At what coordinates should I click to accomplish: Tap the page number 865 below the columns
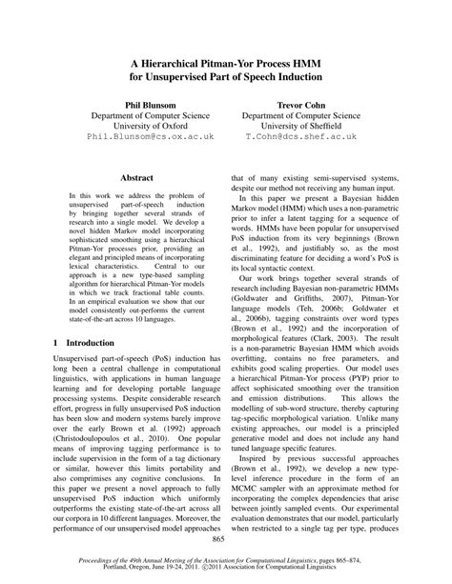[x=226, y=539]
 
